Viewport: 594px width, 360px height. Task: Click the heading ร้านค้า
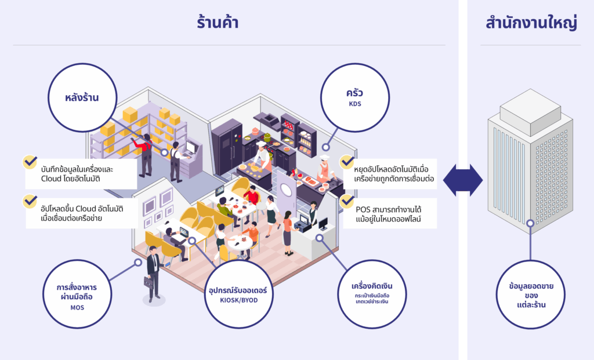point(218,23)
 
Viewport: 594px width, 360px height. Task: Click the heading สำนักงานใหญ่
point(531,23)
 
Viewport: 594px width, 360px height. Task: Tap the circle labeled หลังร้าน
point(81,98)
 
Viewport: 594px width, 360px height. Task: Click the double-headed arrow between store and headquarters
point(462,180)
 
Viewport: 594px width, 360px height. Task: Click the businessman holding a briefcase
point(153,272)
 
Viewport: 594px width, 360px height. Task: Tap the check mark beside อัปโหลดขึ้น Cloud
point(30,201)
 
